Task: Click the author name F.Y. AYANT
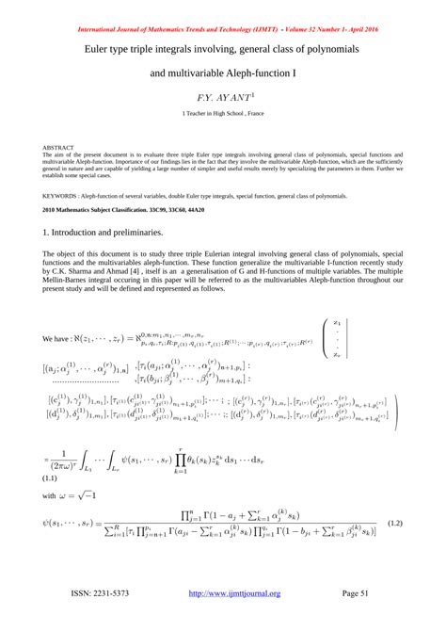tap(222, 97)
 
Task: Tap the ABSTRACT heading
tap(57, 149)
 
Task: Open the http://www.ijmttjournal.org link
tap(234, 593)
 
